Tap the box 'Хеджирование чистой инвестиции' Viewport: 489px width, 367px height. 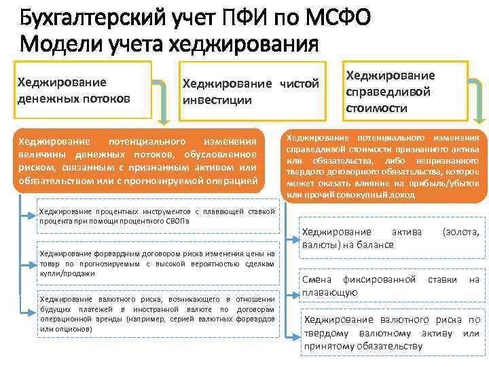[x=250, y=91]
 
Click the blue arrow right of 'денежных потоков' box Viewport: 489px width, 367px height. [x=160, y=102]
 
